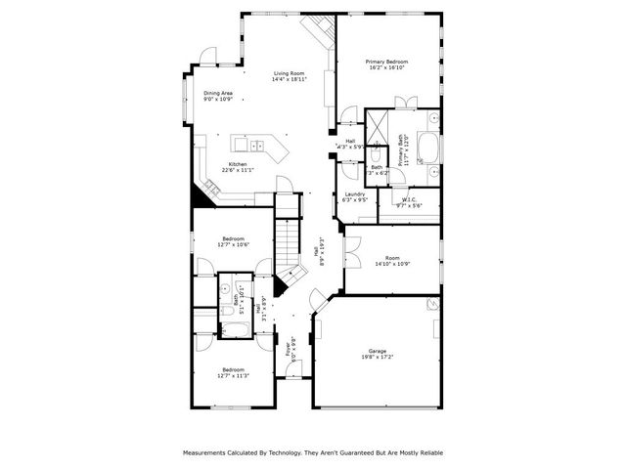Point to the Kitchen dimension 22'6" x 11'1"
[x=238, y=170]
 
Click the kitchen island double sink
[x=256, y=147]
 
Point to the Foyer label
[x=288, y=346]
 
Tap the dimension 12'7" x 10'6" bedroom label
[x=233, y=243]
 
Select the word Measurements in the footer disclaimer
[x=208, y=453]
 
